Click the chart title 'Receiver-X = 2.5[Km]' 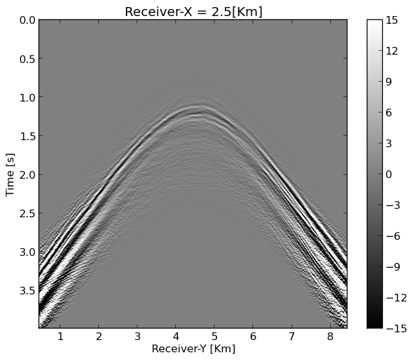tap(193, 12)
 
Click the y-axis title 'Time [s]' tap(10, 174)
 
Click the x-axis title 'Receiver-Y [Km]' tap(193, 348)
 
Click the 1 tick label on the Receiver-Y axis tap(60, 336)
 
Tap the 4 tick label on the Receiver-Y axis tap(176, 336)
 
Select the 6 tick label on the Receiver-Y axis tap(253, 336)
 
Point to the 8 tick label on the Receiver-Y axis tap(330, 336)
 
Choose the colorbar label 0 tap(392, 174)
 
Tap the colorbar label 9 tap(392, 82)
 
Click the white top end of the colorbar tap(374, 22)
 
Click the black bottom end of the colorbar tap(374, 325)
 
